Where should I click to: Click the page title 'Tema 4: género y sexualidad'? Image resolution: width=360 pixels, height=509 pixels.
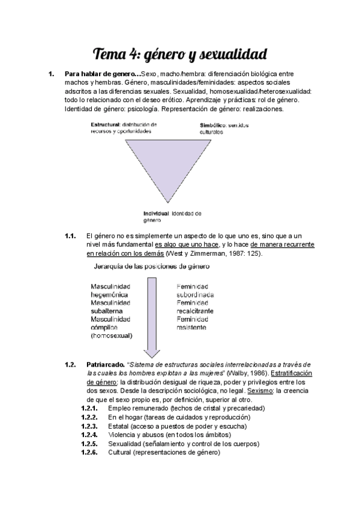point(180,54)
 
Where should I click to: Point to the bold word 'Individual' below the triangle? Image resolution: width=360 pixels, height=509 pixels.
point(156,214)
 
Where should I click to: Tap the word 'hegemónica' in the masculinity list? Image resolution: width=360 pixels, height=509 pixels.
point(110,295)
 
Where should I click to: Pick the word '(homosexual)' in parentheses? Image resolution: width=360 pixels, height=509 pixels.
point(112,336)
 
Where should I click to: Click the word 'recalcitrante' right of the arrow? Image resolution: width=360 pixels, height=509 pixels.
point(195,311)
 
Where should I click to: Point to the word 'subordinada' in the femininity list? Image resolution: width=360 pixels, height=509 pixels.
point(195,295)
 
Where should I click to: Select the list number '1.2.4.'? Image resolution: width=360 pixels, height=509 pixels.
point(89,434)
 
